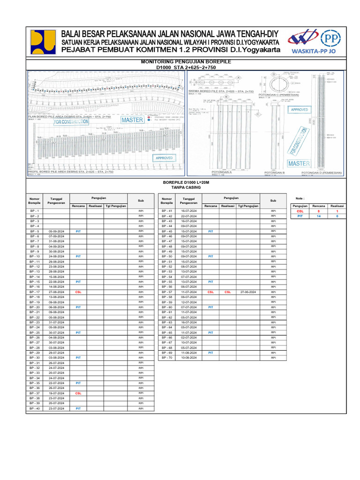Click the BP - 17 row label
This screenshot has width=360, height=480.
(35, 292)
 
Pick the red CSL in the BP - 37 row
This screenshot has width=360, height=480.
(78, 394)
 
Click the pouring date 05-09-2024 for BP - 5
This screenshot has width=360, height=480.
(56, 232)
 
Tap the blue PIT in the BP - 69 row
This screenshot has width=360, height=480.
(210, 353)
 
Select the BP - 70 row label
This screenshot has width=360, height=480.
(167, 358)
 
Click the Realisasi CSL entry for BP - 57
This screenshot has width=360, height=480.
(228, 292)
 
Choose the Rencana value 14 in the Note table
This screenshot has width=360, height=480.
(319, 217)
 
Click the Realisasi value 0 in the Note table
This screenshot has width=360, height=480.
(337, 217)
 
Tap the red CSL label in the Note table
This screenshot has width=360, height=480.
(300, 211)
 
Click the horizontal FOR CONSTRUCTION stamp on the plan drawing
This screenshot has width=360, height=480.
(71, 121)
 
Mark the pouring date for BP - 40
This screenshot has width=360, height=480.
(56, 409)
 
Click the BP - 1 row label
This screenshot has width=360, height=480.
(35, 211)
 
